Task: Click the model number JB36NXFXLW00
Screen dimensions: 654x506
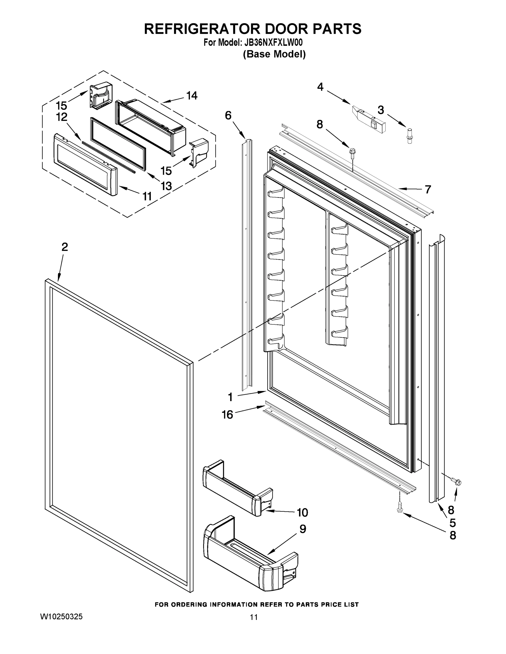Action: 273,43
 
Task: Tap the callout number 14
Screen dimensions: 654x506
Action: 192,96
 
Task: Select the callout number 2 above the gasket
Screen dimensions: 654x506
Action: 64,247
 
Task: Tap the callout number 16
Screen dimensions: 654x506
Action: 227,414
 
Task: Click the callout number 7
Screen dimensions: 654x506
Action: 428,189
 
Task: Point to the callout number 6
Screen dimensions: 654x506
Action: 228,115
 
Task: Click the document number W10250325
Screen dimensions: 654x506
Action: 61,617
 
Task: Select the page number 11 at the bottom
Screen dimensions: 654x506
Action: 254,617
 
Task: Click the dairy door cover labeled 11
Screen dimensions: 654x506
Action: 85,165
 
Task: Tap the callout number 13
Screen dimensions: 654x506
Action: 166,186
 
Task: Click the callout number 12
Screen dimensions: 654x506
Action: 61,117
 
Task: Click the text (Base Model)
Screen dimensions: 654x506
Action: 274,54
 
